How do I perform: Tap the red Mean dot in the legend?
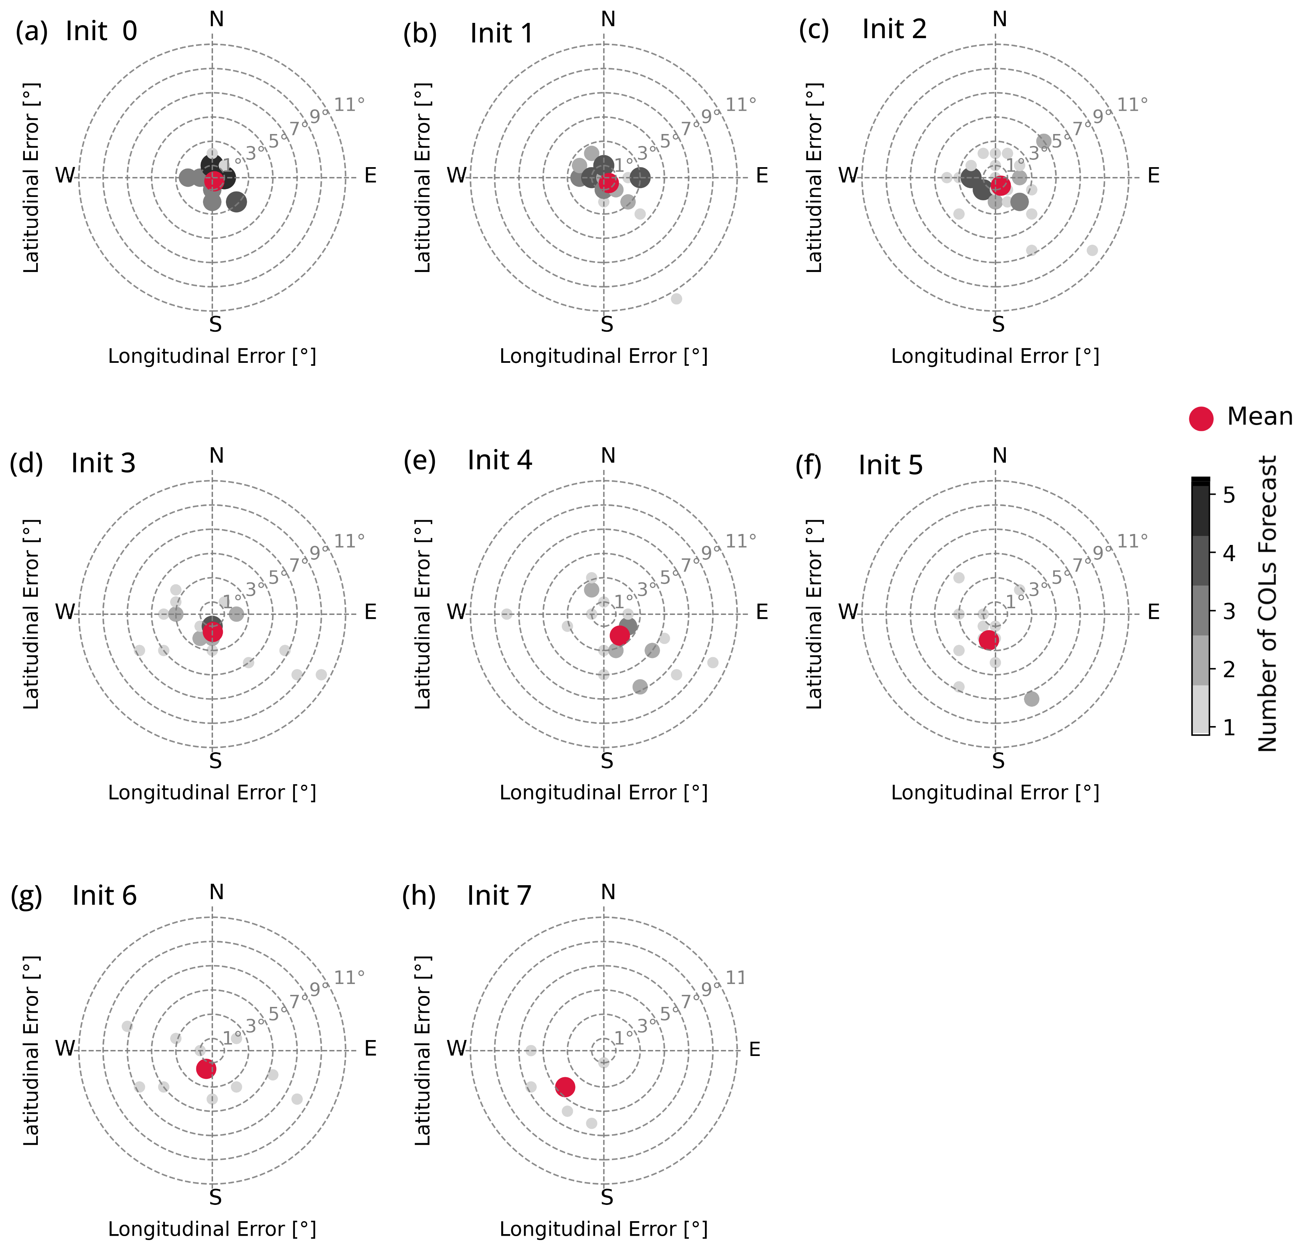[1200, 418]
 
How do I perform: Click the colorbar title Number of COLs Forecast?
[1267, 604]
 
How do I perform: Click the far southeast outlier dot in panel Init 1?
[676, 298]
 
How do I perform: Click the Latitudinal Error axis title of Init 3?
[31, 614]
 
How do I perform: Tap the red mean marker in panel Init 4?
[619, 635]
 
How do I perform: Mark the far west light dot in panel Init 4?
[507, 614]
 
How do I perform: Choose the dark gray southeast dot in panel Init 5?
[1031, 698]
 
